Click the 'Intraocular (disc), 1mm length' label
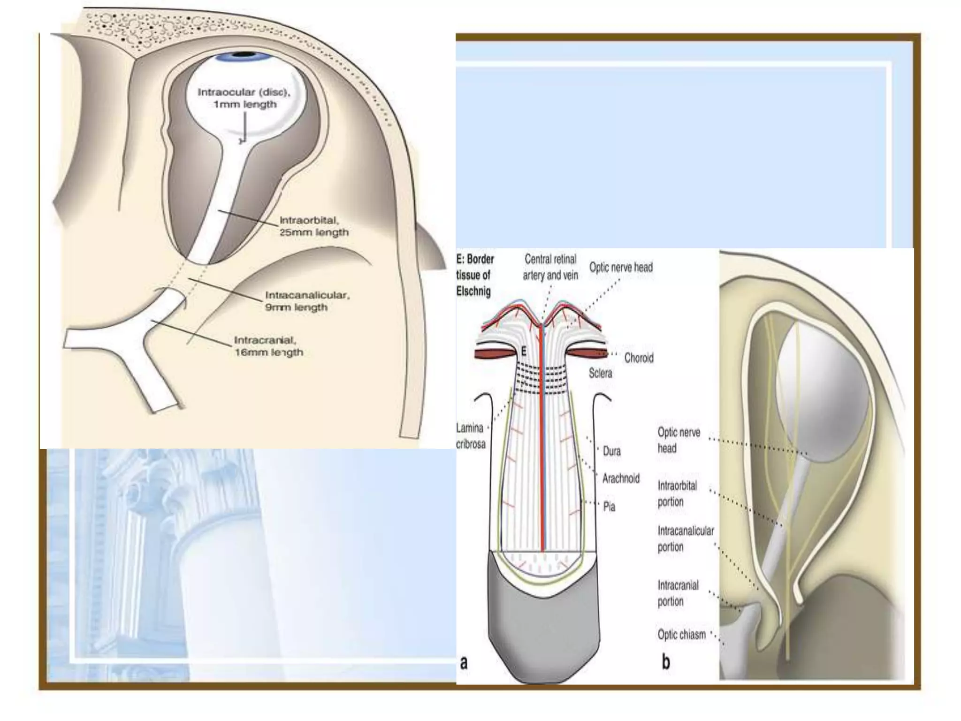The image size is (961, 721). (244, 98)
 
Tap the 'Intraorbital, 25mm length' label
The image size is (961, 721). (313, 226)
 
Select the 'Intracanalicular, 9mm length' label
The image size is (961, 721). (307, 301)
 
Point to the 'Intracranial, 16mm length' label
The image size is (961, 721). (268, 346)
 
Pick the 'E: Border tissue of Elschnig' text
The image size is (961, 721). (474, 275)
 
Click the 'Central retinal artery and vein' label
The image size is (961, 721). (550, 267)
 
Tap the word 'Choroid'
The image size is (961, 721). (639, 358)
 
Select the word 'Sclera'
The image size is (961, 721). (600, 373)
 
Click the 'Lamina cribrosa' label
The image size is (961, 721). (471, 436)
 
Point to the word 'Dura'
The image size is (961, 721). (612, 451)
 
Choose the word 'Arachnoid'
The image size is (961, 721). (621, 478)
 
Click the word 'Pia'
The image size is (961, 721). (609, 506)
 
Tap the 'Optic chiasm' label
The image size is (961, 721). (681, 635)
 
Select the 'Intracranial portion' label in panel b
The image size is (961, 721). (678, 593)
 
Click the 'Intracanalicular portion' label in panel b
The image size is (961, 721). (685, 539)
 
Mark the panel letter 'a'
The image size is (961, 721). (464, 662)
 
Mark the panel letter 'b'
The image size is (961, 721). (666, 662)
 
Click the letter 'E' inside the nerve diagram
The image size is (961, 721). (524, 351)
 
